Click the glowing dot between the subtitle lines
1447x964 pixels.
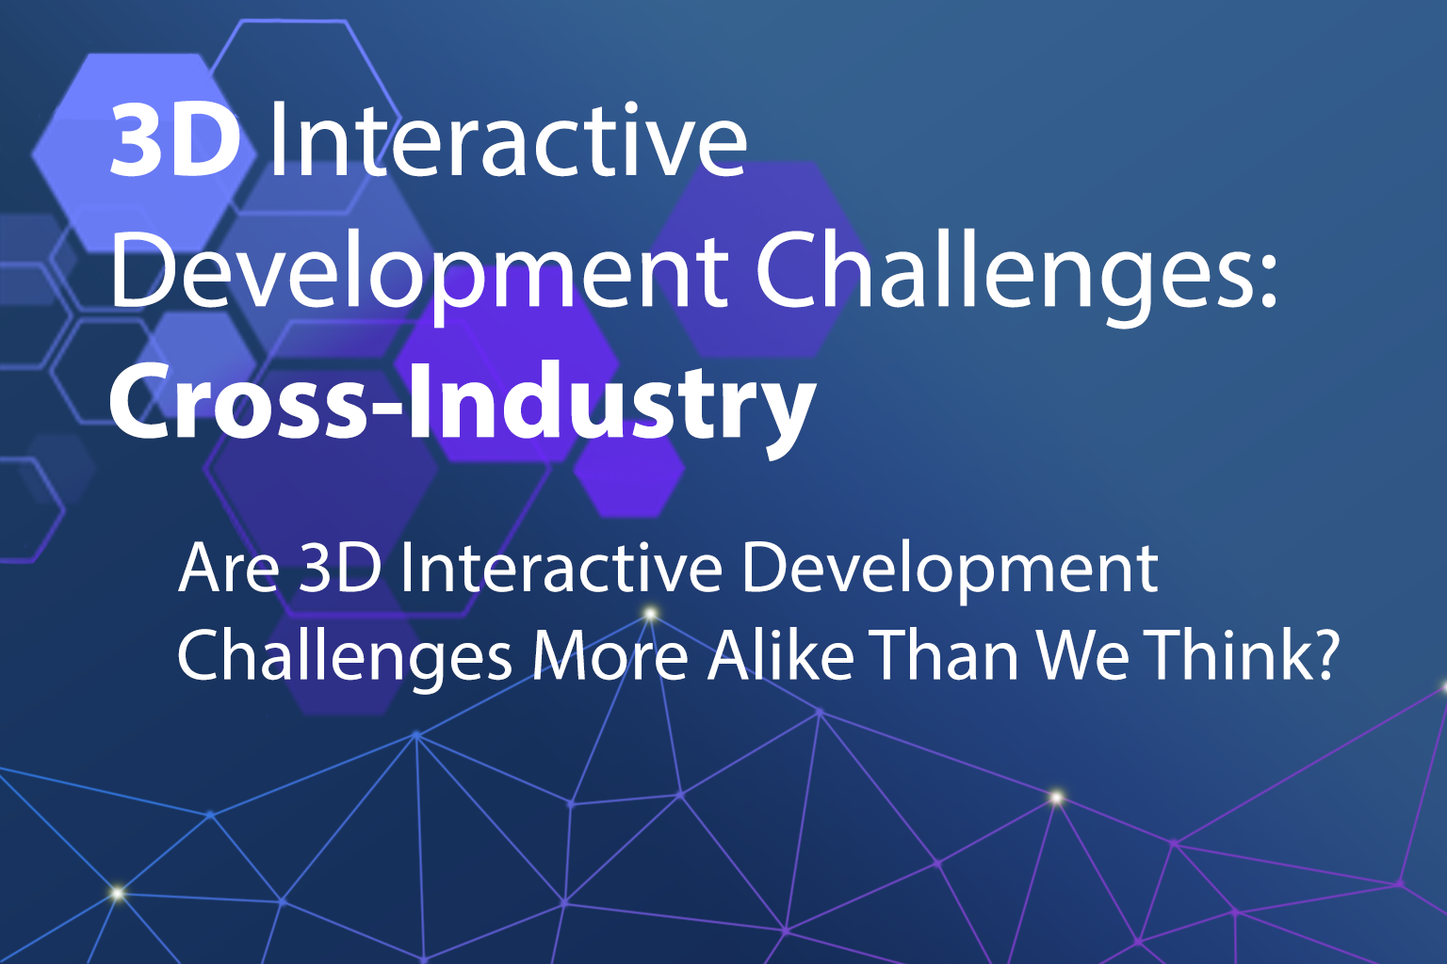click(x=651, y=614)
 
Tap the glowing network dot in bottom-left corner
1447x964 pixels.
click(x=117, y=893)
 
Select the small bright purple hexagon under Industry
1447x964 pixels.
click(x=629, y=470)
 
